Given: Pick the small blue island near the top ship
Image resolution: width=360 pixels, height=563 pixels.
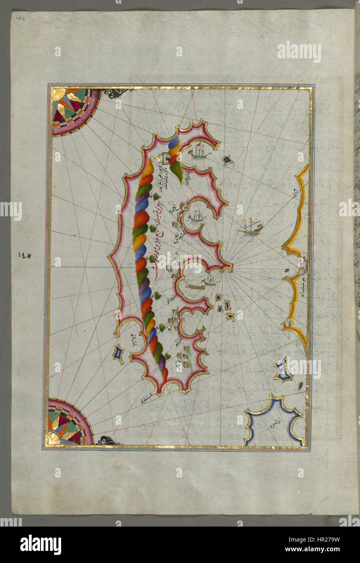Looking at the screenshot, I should pyautogui.click(x=228, y=160).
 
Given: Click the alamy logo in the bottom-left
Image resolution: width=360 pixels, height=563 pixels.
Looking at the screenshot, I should pyautogui.click(x=40, y=545).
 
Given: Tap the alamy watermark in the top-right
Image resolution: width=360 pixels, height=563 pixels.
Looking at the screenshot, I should pyautogui.click(x=299, y=51).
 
